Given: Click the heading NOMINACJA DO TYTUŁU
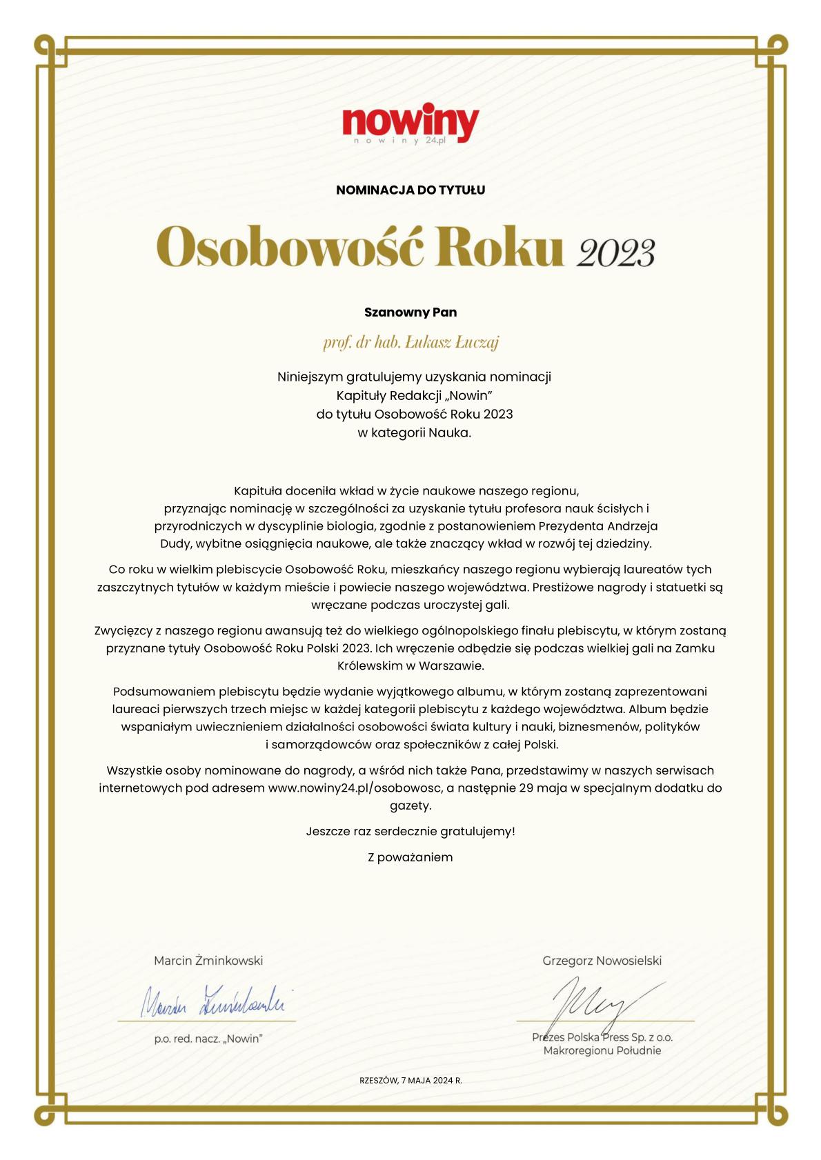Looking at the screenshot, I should click(x=410, y=190).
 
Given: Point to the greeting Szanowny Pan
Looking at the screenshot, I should click(x=410, y=312).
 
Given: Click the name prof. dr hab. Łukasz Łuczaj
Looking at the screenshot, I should click(x=410, y=342).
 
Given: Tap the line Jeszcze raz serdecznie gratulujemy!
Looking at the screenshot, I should click(x=410, y=831).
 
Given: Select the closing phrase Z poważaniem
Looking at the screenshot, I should click(x=410, y=857).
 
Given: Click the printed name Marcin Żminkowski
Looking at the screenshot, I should click(x=208, y=960).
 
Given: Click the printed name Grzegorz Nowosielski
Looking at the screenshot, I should click(x=602, y=960).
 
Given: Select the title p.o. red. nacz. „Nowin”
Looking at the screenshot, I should click(x=208, y=1039).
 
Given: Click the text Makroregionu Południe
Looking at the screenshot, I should click(x=602, y=1051).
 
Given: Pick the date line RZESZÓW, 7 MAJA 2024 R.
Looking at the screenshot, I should click(x=410, y=1081).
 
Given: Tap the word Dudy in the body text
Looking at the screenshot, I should click(x=175, y=543).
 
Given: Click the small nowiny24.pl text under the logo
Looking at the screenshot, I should click(x=400, y=141).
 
